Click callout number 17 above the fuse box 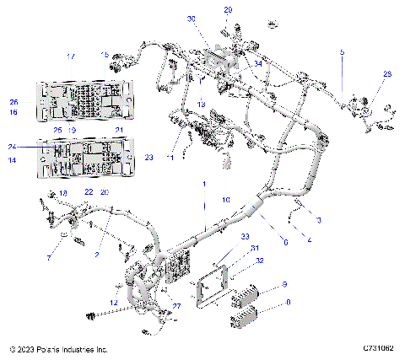point(71,56)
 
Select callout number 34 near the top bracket point(258,62)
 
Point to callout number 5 point(342,52)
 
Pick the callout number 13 point(200,104)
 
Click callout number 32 point(260,261)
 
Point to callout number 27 point(176,306)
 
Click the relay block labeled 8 point(243,319)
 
